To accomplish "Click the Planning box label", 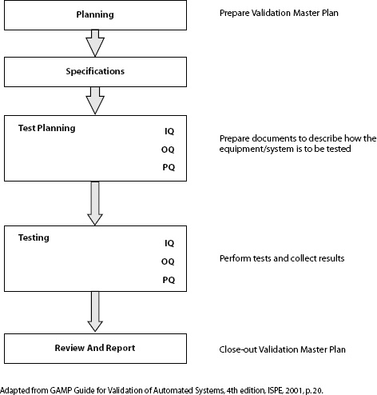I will click(x=94, y=15).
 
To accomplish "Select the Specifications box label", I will click(x=94, y=71).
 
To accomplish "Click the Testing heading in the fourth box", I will click(x=35, y=238).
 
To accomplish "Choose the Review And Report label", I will click(x=94, y=349).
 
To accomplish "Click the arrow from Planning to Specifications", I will click(x=95, y=42).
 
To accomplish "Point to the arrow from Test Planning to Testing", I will click(x=95, y=203).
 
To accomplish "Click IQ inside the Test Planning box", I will click(x=169, y=130).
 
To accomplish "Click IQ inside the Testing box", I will click(x=169, y=241).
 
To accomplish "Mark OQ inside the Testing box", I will click(x=169, y=260).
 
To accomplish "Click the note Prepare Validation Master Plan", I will click(x=277, y=14).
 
